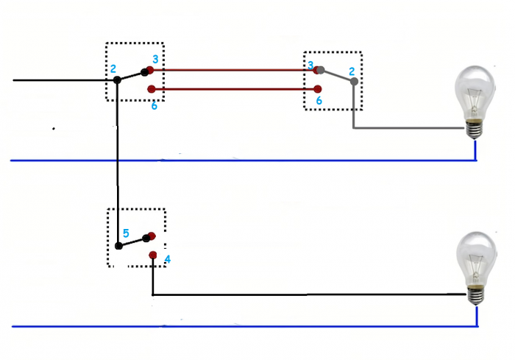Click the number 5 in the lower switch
(126, 233)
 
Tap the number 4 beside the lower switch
(167, 259)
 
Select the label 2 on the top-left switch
(113, 68)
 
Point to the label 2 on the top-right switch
(352, 71)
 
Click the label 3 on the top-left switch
(155, 59)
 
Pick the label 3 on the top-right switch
(310, 66)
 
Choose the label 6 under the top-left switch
(154, 106)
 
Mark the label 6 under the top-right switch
(319, 100)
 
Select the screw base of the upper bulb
(476, 129)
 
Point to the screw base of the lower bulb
(476, 295)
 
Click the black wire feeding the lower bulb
(309, 295)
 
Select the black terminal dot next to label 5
(118, 246)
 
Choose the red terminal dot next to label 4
(152, 255)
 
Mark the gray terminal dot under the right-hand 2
(354, 82)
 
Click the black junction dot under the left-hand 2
(117, 79)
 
